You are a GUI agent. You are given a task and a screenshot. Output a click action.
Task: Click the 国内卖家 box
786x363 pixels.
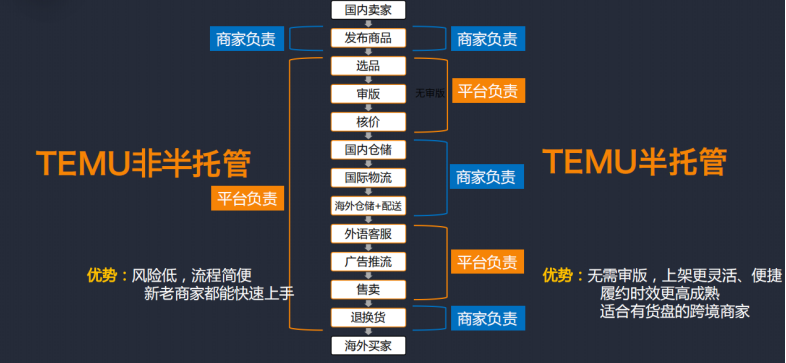[367, 11]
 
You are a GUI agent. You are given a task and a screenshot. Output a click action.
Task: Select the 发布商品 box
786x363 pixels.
[367, 39]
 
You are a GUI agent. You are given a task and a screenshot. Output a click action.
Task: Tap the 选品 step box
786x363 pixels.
[367, 66]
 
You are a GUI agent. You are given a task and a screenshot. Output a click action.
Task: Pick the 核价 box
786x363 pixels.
[367, 122]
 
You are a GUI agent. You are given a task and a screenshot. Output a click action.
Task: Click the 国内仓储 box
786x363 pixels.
[367, 150]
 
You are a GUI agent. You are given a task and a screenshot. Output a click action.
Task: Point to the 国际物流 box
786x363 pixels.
[367, 178]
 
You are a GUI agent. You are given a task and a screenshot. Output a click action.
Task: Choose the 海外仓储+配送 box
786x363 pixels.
[367, 206]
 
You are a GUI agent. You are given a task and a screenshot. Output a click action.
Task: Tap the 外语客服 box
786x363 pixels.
[367, 234]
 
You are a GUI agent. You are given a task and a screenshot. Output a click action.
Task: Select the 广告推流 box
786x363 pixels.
[367, 262]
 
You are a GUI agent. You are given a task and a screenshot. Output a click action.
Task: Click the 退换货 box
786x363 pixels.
[367, 318]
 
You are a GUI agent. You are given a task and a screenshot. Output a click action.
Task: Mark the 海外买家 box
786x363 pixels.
[367, 346]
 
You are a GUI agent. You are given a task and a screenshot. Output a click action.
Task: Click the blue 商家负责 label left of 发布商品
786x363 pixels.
[245, 39]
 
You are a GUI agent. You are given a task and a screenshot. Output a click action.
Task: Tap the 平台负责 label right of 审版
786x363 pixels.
[487, 91]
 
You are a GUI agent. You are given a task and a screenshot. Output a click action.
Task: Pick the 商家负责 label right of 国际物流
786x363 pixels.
[486, 177]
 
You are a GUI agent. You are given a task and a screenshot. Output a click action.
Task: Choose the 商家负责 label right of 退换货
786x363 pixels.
[487, 319]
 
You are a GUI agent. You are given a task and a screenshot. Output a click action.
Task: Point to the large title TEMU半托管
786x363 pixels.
[634, 160]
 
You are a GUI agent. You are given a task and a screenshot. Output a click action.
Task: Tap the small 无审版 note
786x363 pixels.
[429, 93]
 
